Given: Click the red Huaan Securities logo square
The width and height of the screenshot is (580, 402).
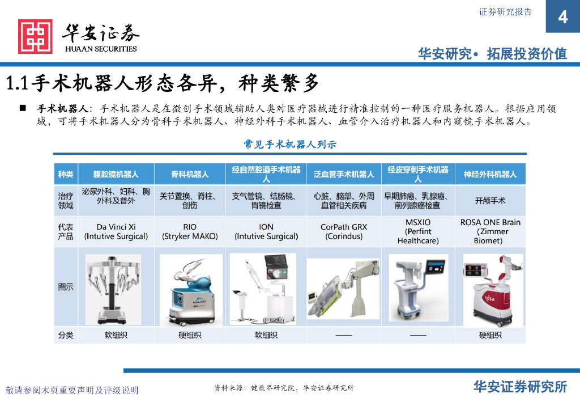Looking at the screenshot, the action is (x=35, y=36).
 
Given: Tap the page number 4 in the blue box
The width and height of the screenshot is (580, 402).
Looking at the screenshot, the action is (x=562, y=17).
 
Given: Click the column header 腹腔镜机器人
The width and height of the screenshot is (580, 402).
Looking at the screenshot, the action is (x=116, y=174).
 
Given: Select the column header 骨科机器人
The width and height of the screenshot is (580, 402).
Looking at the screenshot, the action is (x=190, y=174).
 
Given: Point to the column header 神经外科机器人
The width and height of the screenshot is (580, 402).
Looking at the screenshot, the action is (x=490, y=174).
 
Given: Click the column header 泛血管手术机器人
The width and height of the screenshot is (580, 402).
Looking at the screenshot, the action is (x=344, y=174).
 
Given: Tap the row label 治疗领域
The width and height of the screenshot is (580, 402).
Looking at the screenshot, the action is (x=66, y=201).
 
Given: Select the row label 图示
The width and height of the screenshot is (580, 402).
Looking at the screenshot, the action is (x=66, y=287).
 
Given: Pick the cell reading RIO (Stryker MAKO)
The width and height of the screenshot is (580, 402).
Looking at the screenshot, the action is (x=190, y=232).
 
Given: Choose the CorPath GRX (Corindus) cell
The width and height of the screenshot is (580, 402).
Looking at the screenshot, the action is (x=344, y=232).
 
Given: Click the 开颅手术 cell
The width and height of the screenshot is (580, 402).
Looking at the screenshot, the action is (x=490, y=201).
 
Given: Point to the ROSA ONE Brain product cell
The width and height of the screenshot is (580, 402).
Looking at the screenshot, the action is (x=490, y=231).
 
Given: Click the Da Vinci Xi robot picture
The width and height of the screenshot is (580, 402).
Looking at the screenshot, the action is (x=113, y=290).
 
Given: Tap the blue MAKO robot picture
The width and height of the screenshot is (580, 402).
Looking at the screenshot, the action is (x=191, y=290).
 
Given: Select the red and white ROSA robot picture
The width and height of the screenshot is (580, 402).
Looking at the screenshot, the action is (x=493, y=290).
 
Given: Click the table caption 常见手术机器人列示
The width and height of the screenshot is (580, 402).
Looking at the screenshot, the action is (x=290, y=145).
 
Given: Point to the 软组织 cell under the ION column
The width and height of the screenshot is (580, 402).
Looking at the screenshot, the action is (x=266, y=335).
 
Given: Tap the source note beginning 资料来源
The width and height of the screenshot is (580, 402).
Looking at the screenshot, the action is (x=284, y=388).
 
